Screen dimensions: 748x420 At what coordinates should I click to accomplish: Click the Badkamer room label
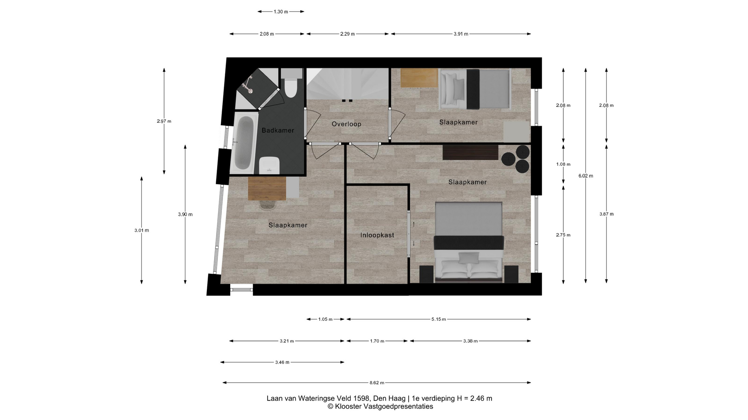pos(278,130)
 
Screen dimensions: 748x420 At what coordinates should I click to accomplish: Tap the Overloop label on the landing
pos(346,124)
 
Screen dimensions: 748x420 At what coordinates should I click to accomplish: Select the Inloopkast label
pos(377,235)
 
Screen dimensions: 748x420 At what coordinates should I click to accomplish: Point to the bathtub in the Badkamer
pos(244,143)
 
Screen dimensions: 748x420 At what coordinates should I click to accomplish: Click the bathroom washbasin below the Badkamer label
pos(270,166)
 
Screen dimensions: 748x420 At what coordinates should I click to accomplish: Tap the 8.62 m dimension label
pos(377,383)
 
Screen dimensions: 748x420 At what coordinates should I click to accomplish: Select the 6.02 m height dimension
pos(586,176)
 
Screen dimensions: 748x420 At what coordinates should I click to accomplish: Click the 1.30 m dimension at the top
pos(280,12)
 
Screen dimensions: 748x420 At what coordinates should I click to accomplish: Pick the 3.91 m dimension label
pos(461,34)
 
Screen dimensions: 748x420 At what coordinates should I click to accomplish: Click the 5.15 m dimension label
pos(439,319)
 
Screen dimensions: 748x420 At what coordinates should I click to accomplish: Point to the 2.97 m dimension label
pos(164,121)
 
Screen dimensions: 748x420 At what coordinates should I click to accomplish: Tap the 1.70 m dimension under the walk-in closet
pos(377,341)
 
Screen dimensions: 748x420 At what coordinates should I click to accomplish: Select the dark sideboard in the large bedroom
pos(470,152)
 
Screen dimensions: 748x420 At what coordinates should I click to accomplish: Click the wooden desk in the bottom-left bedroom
pos(267,189)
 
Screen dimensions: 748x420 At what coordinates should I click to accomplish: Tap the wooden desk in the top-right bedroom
pos(419,78)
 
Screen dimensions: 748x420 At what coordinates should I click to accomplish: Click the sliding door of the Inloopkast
pos(409,234)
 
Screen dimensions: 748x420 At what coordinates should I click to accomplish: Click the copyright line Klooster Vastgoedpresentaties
pos(380,407)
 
